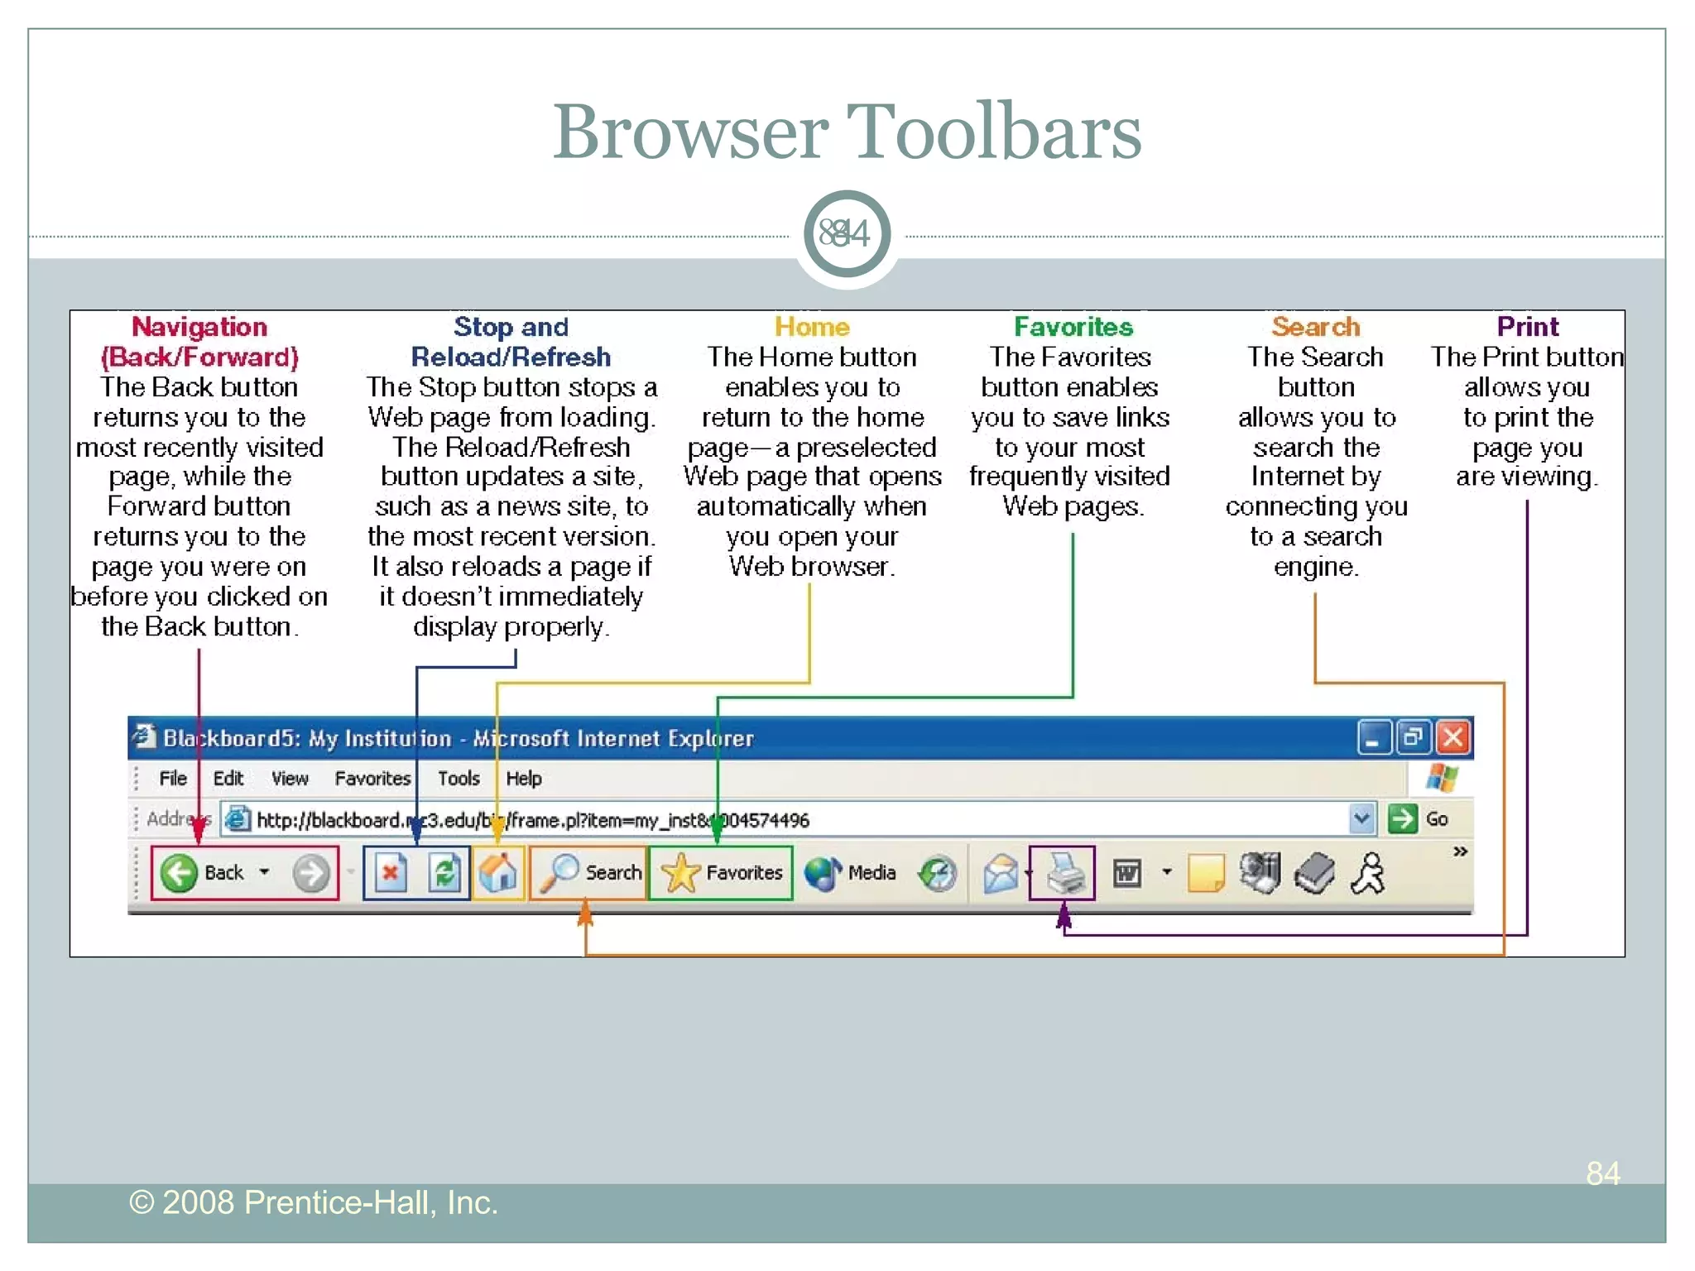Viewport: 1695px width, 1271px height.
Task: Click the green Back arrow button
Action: pos(179,873)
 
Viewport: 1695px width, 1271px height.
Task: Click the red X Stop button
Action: pos(391,873)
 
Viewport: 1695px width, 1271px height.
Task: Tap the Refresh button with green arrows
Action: pos(444,873)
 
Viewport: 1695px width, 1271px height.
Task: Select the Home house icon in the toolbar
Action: pos(498,873)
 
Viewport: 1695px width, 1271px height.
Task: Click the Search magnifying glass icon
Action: pos(560,873)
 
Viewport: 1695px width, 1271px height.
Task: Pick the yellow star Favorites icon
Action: pos(680,873)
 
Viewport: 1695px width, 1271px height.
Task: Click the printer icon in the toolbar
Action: pos(1064,873)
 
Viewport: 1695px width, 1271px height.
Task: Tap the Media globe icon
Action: pos(822,873)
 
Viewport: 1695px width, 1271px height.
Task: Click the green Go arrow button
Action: pos(1403,819)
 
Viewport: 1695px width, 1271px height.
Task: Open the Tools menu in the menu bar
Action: pos(459,779)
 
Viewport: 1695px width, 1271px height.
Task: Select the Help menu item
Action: pos(524,779)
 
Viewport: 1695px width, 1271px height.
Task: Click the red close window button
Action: pos(1453,738)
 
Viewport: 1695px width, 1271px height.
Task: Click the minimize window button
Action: pos(1373,738)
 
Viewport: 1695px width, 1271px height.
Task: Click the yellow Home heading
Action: pos(812,327)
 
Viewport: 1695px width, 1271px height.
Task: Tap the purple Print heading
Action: pos(1527,327)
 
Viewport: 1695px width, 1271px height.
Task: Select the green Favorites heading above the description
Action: pos(1073,327)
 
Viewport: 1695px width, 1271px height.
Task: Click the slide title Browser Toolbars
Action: pos(847,132)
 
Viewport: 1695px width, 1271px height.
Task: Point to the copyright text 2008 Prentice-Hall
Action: pos(314,1202)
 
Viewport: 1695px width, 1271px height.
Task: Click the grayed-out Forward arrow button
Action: pos(311,873)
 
